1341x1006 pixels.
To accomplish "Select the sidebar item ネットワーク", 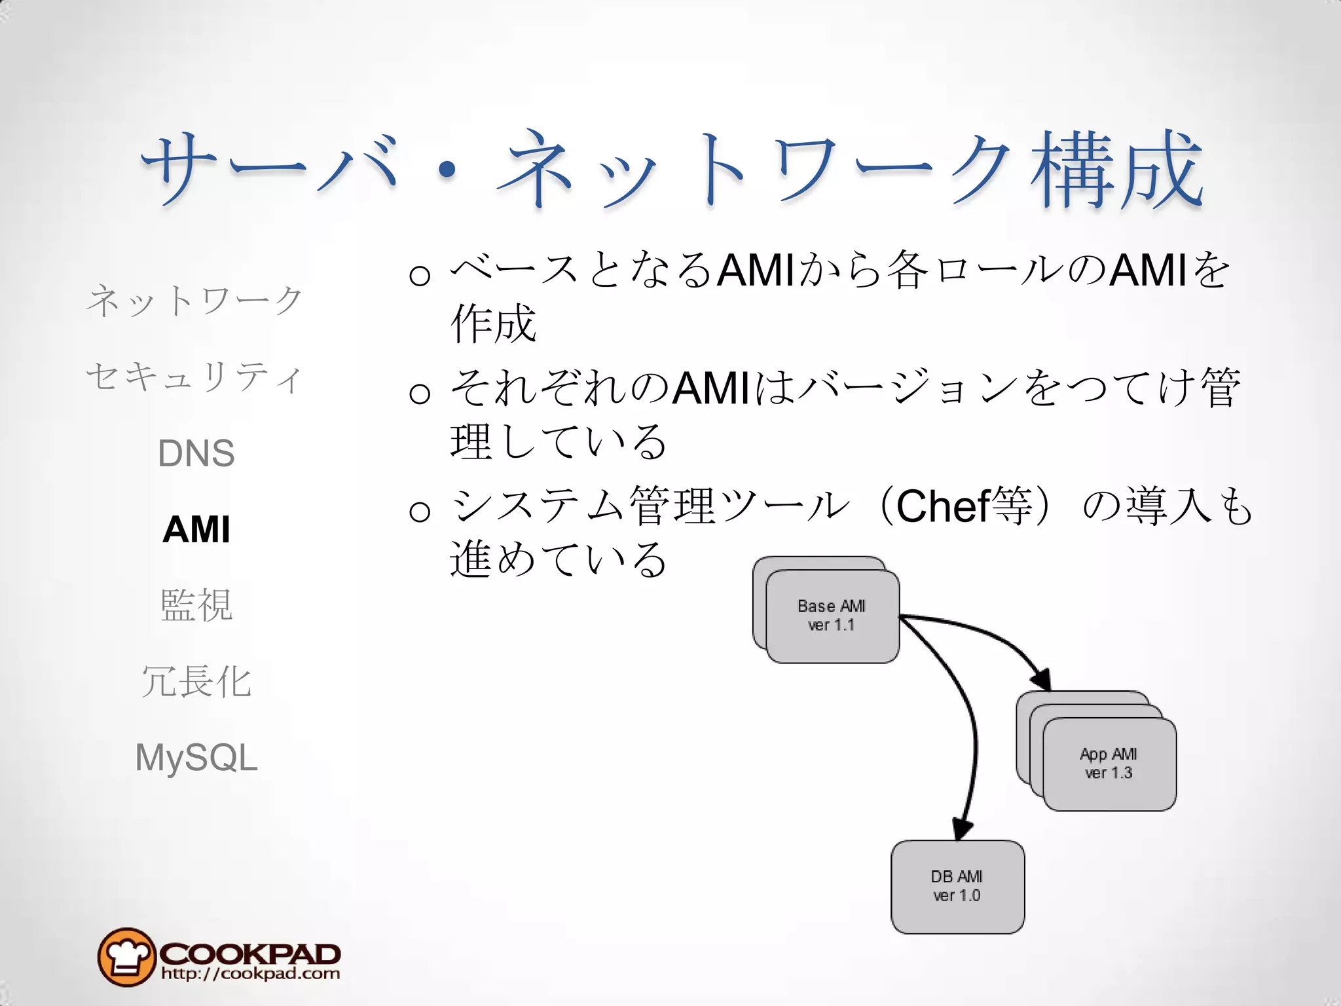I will [x=195, y=301].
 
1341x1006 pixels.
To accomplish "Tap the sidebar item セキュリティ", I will [x=195, y=377].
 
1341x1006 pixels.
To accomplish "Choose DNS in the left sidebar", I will [x=196, y=453].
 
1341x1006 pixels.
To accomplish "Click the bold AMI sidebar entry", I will [x=196, y=529].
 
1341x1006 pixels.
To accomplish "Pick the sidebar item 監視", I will [x=196, y=605].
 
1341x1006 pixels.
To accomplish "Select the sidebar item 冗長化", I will [x=196, y=681].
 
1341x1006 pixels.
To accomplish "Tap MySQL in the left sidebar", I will [x=196, y=758].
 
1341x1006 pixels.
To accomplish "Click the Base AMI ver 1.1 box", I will [x=832, y=616].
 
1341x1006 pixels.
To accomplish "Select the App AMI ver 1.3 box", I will [x=1109, y=764].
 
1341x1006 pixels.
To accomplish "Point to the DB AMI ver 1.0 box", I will [x=957, y=887].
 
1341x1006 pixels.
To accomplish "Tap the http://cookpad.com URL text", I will [x=251, y=974].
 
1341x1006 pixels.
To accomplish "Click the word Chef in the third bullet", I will [x=942, y=506].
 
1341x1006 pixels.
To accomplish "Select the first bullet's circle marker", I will [x=420, y=275].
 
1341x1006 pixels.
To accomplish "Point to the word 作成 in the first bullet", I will [x=493, y=324].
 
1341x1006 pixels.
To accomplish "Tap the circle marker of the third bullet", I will [x=420, y=511].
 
